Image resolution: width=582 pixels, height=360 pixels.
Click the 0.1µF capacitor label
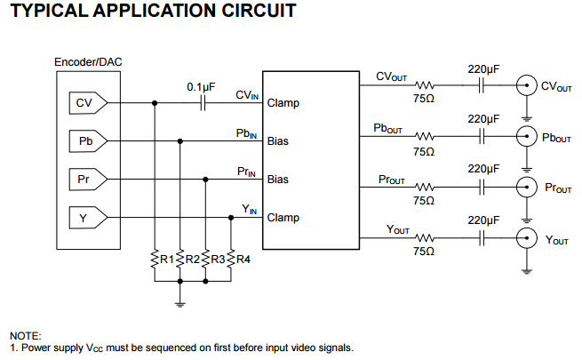(201, 87)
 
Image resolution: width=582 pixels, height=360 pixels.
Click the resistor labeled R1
(155, 259)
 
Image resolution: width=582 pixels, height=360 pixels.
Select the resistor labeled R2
(180, 259)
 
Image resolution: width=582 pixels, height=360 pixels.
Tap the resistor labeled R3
(206, 259)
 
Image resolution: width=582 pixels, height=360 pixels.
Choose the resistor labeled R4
(231, 259)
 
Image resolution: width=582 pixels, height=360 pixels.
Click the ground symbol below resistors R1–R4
(180, 301)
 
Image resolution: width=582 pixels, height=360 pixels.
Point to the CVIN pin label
(247, 95)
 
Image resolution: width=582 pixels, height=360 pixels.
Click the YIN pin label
(250, 210)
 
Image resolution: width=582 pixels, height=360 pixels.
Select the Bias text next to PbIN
(278, 141)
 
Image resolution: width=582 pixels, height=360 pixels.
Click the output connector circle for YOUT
(527, 238)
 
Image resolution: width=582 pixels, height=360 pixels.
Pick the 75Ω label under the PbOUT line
(424, 152)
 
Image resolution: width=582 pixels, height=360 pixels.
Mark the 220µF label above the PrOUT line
(484, 168)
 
